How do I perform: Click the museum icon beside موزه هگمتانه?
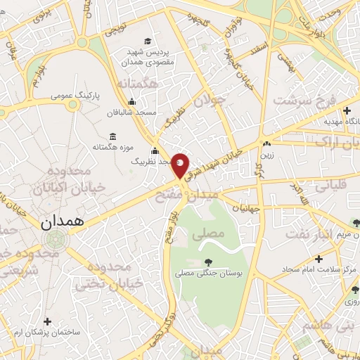(112, 137)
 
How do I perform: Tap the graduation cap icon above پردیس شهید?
(147, 41)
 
